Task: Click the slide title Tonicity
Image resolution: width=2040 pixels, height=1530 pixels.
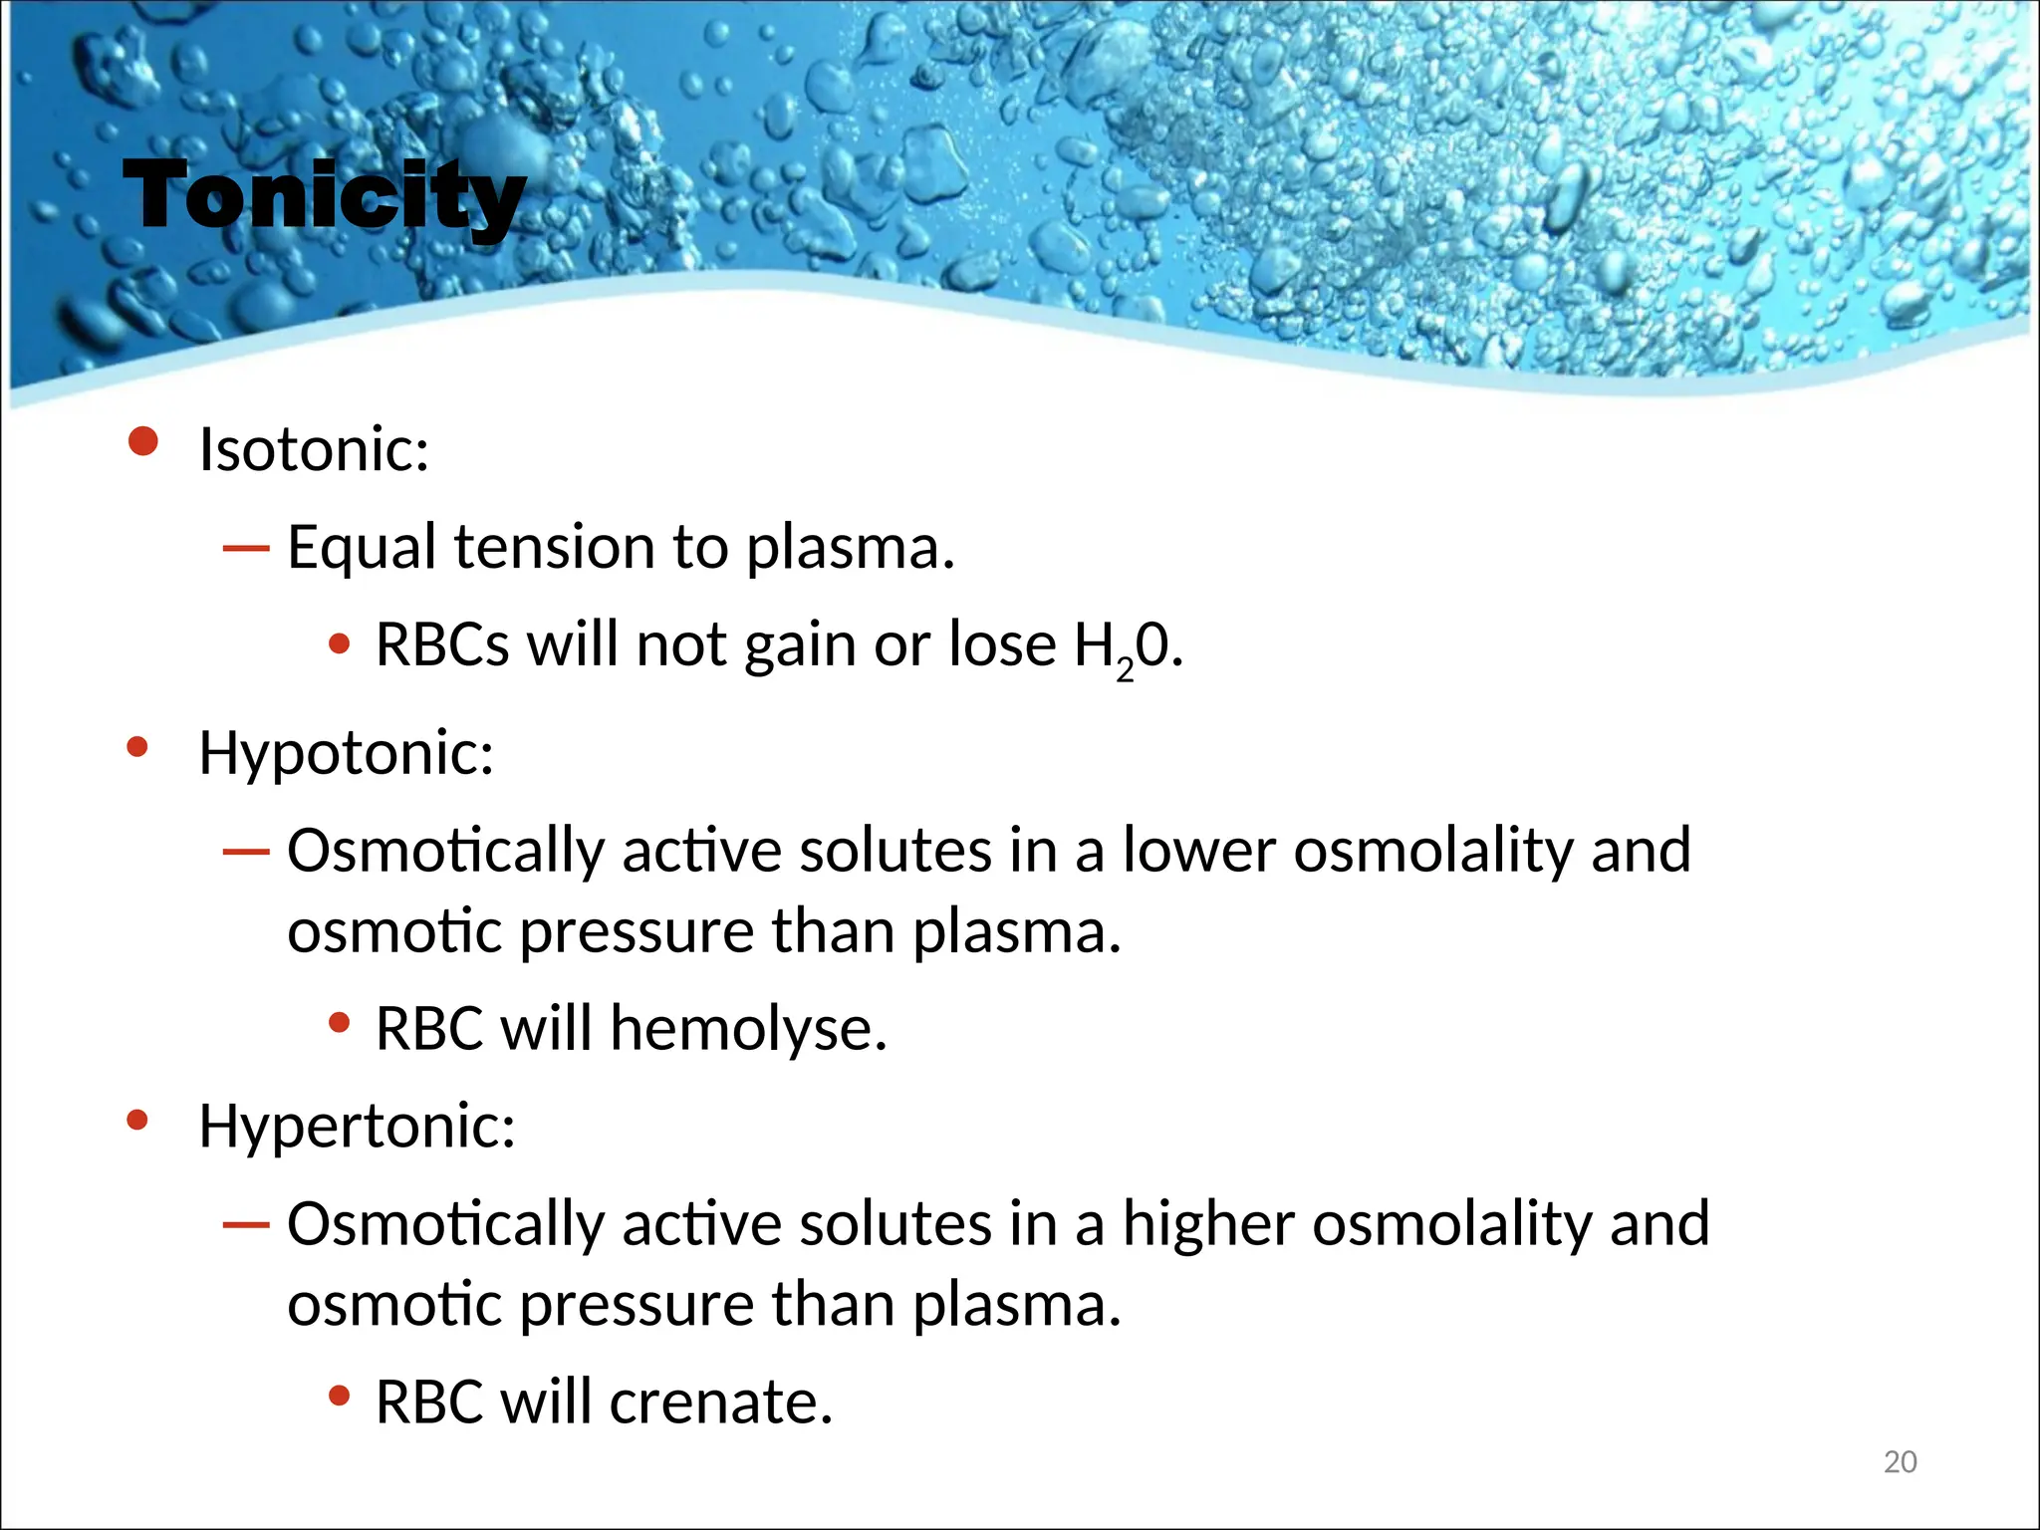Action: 324,196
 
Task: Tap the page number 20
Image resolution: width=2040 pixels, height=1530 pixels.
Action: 1900,1461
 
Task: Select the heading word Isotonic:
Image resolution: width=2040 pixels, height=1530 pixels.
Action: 314,449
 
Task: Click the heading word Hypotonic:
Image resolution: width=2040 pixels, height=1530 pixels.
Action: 346,752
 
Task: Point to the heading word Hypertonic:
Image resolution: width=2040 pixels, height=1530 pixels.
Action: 357,1126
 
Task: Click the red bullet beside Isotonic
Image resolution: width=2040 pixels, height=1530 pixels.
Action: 143,441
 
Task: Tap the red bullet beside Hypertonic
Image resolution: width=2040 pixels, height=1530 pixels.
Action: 137,1121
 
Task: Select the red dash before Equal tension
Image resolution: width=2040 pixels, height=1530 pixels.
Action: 246,548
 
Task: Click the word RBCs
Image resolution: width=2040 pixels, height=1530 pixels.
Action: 442,644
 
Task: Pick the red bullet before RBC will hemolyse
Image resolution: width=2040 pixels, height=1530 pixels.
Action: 340,1022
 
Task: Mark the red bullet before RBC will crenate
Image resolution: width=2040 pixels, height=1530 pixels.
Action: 340,1397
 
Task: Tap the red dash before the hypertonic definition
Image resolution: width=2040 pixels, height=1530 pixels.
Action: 246,1224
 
